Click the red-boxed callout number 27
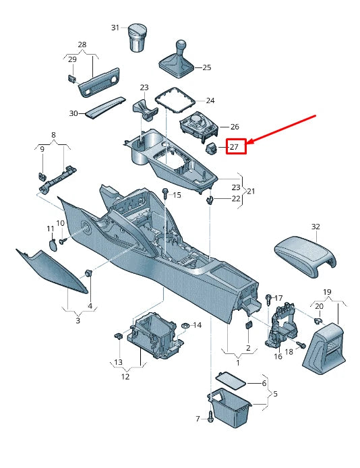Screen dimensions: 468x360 [x=235, y=146]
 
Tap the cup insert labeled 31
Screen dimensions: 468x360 [x=139, y=38]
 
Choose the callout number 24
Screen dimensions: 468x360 [x=210, y=101]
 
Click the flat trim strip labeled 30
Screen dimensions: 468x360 [x=105, y=106]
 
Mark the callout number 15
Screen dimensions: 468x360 [x=177, y=195]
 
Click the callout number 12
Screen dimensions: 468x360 [x=125, y=376]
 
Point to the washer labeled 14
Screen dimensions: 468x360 [x=183, y=326]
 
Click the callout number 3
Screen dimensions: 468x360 [x=78, y=320]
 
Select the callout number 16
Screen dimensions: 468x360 [x=277, y=356]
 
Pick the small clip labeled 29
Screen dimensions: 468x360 [x=71, y=78]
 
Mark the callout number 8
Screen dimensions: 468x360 [x=53, y=135]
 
